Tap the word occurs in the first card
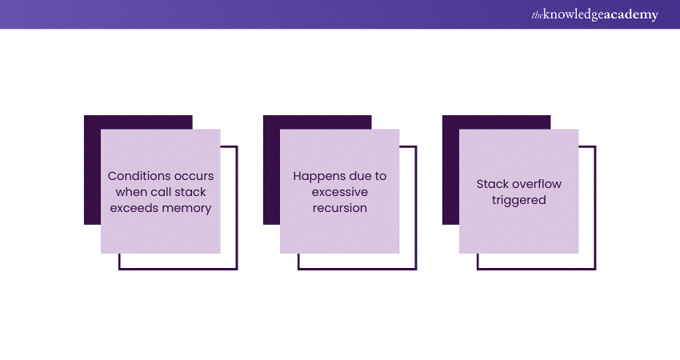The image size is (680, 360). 194,177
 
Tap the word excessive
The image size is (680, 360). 339,192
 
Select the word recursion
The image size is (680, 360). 339,208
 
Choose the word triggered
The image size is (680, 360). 518,200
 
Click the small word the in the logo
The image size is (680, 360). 538,16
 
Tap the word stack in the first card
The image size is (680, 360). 191,192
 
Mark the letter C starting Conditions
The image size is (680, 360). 112,176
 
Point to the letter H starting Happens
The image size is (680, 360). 298,176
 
